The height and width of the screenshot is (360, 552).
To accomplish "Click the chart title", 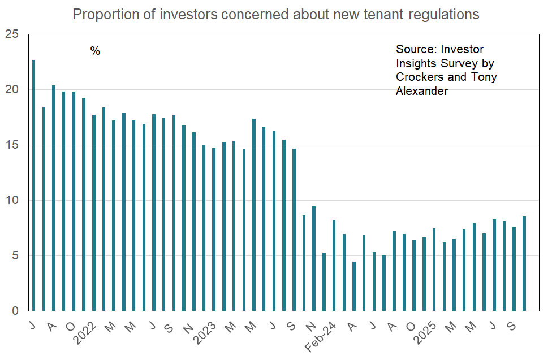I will coord(276,15).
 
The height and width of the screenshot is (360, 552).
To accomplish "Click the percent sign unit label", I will coord(95,51).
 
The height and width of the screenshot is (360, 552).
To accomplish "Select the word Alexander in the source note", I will coord(422,90).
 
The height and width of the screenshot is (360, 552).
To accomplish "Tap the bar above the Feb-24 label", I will coord(334,266).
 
